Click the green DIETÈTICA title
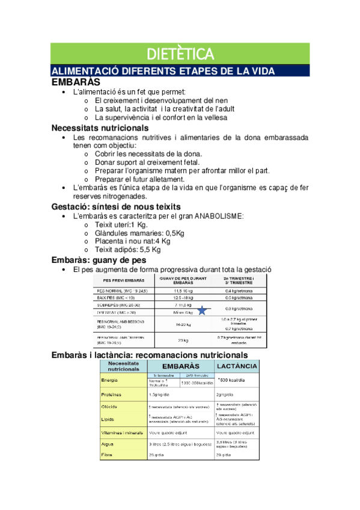180,54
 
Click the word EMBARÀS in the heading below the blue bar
76,81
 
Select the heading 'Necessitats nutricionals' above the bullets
100,127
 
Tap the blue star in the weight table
202,310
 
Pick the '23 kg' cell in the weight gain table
183,340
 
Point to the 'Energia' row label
111,380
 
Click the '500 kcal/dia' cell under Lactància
231,380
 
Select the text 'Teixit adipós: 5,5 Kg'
127,250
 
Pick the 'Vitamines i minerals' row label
122,432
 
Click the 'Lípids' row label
109,419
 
